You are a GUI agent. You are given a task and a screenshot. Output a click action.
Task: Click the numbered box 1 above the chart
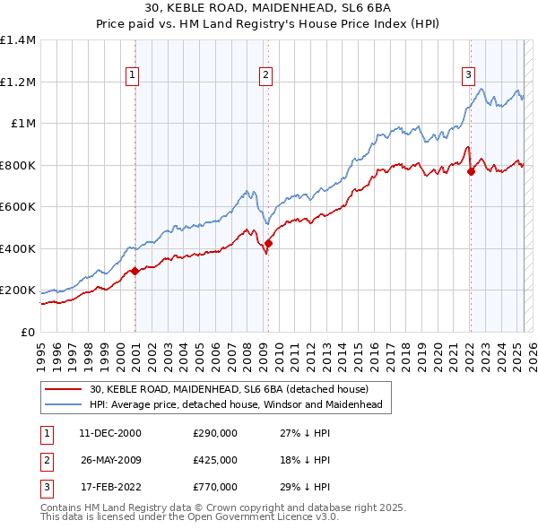pyautogui.click(x=132, y=76)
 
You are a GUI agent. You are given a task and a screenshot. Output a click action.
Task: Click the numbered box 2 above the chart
pyautogui.click(x=266, y=76)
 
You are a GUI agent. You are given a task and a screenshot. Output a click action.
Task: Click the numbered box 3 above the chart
pyautogui.click(x=468, y=76)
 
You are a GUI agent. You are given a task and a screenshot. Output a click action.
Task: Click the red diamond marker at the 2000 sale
pyautogui.click(x=134, y=271)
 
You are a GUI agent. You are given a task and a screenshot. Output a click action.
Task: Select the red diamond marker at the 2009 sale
pyautogui.click(x=268, y=243)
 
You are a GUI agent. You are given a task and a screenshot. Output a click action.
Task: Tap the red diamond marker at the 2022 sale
pyautogui.click(x=471, y=171)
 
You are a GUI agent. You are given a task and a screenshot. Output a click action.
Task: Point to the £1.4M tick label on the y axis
pyautogui.click(x=18, y=40)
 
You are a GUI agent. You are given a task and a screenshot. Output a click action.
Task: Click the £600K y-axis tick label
pyautogui.click(x=18, y=207)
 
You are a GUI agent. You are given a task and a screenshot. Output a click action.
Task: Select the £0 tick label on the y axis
pyautogui.click(x=27, y=333)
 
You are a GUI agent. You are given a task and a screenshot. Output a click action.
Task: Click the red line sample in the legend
pyautogui.click(x=64, y=389)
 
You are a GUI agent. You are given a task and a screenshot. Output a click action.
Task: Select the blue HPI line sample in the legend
pyautogui.click(x=64, y=404)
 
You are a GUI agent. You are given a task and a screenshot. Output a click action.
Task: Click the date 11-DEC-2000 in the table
pyautogui.click(x=110, y=433)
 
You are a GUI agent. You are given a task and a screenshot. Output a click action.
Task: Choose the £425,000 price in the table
pyautogui.click(x=215, y=460)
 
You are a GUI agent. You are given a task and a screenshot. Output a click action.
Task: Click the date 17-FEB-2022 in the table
pyautogui.click(x=110, y=487)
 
